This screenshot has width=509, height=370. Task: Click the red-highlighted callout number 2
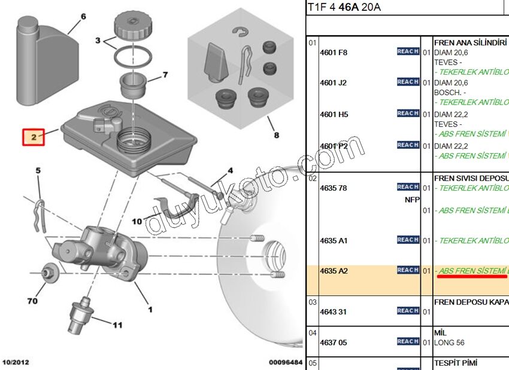coord(34,137)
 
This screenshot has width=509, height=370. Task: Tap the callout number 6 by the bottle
coord(83,16)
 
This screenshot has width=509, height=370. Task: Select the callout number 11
coord(117,325)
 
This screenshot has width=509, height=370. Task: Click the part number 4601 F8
coord(334,52)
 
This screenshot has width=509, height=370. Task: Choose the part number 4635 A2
coord(334,271)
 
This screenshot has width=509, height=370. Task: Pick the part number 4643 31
coord(334,311)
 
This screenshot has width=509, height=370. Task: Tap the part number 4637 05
coord(334,343)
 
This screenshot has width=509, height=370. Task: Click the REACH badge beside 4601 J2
coord(408,82)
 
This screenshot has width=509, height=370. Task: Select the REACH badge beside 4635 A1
coord(408,240)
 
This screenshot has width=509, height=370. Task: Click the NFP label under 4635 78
coord(413,200)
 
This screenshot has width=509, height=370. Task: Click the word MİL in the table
coord(440,332)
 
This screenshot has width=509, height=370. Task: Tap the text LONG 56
coord(449,343)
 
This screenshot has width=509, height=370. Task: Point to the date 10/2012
coord(16,362)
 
